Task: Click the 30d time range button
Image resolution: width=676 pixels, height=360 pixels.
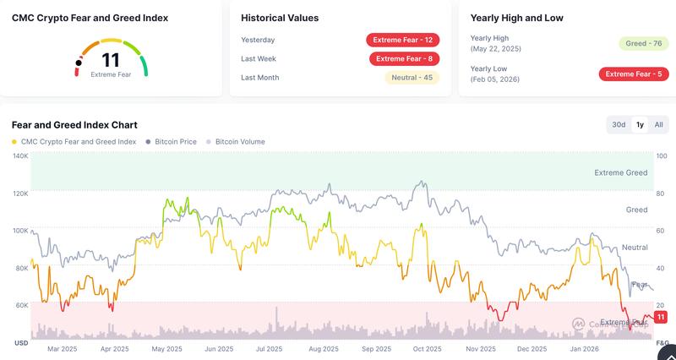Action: pyautogui.click(x=619, y=125)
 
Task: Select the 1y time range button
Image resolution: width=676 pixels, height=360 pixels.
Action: pyautogui.click(x=640, y=125)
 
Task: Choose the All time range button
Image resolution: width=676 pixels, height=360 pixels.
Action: pyautogui.click(x=658, y=125)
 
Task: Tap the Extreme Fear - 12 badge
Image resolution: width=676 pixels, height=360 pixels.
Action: pyautogui.click(x=403, y=40)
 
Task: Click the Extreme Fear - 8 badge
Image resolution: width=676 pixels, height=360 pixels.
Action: pyautogui.click(x=405, y=58)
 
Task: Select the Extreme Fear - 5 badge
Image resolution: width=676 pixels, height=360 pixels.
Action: pyautogui.click(x=634, y=74)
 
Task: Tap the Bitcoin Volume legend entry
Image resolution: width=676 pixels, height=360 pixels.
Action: pyautogui.click(x=240, y=142)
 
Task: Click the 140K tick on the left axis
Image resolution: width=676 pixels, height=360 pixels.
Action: pyautogui.click(x=20, y=156)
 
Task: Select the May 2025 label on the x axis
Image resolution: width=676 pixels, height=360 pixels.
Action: pyautogui.click(x=167, y=348)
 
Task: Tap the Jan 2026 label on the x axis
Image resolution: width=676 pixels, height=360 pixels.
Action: pyautogui.click(x=583, y=348)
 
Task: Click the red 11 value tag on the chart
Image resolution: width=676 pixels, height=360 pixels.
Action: pyautogui.click(x=662, y=316)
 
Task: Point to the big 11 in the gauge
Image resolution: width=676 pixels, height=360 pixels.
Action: pyautogui.click(x=111, y=60)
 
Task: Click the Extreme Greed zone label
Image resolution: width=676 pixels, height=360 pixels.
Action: pyautogui.click(x=621, y=172)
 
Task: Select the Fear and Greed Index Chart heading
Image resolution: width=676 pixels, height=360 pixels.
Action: pyautogui.click(x=74, y=125)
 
